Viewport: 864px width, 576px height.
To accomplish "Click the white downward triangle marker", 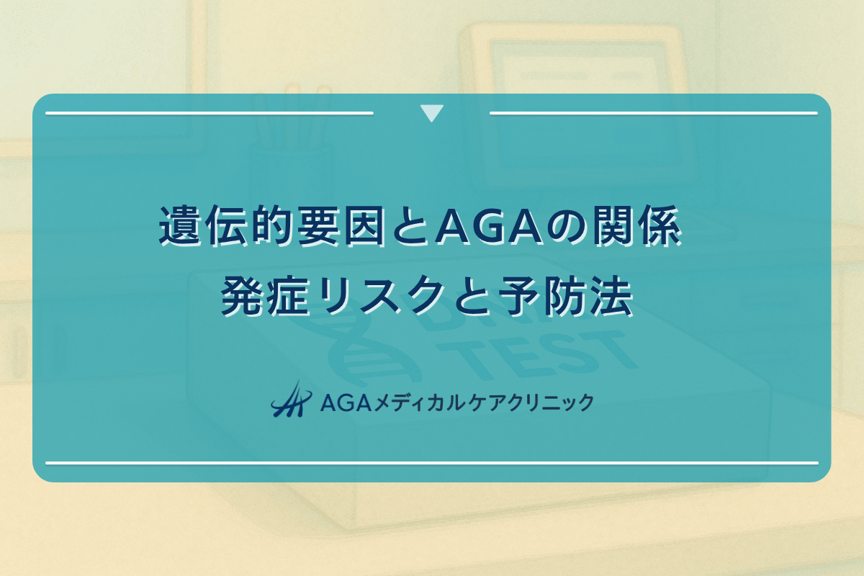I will coord(431,114).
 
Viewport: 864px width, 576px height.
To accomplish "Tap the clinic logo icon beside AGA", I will coord(289,399).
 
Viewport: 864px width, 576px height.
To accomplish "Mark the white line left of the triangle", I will coord(209,113).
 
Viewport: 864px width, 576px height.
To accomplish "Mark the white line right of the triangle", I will coord(653,113).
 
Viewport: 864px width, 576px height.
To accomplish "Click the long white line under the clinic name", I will coord(432,463).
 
